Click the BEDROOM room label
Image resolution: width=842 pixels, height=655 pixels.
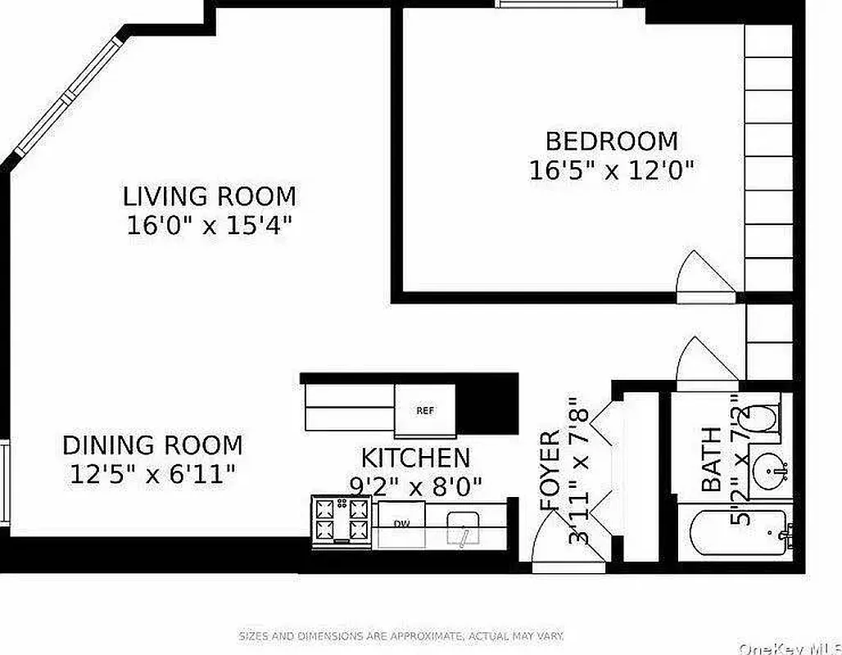[x=612, y=141]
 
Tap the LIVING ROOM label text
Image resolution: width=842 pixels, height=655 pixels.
[x=210, y=196]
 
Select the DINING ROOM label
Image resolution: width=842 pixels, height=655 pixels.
[x=152, y=445]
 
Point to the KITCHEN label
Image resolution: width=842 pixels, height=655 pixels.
[x=416, y=458]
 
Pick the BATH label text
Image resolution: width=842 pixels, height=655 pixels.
[x=712, y=459]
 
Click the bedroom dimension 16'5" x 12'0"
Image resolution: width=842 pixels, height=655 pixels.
[x=612, y=170]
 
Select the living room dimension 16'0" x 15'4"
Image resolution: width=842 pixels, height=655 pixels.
[x=210, y=225]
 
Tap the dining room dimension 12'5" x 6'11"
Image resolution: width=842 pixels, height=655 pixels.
[x=152, y=474]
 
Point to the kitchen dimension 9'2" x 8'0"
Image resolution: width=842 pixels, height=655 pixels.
[x=416, y=486]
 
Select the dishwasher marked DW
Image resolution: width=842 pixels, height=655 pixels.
[x=401, y=524]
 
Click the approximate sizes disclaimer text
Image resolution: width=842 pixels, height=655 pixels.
[x=401, y=636]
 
